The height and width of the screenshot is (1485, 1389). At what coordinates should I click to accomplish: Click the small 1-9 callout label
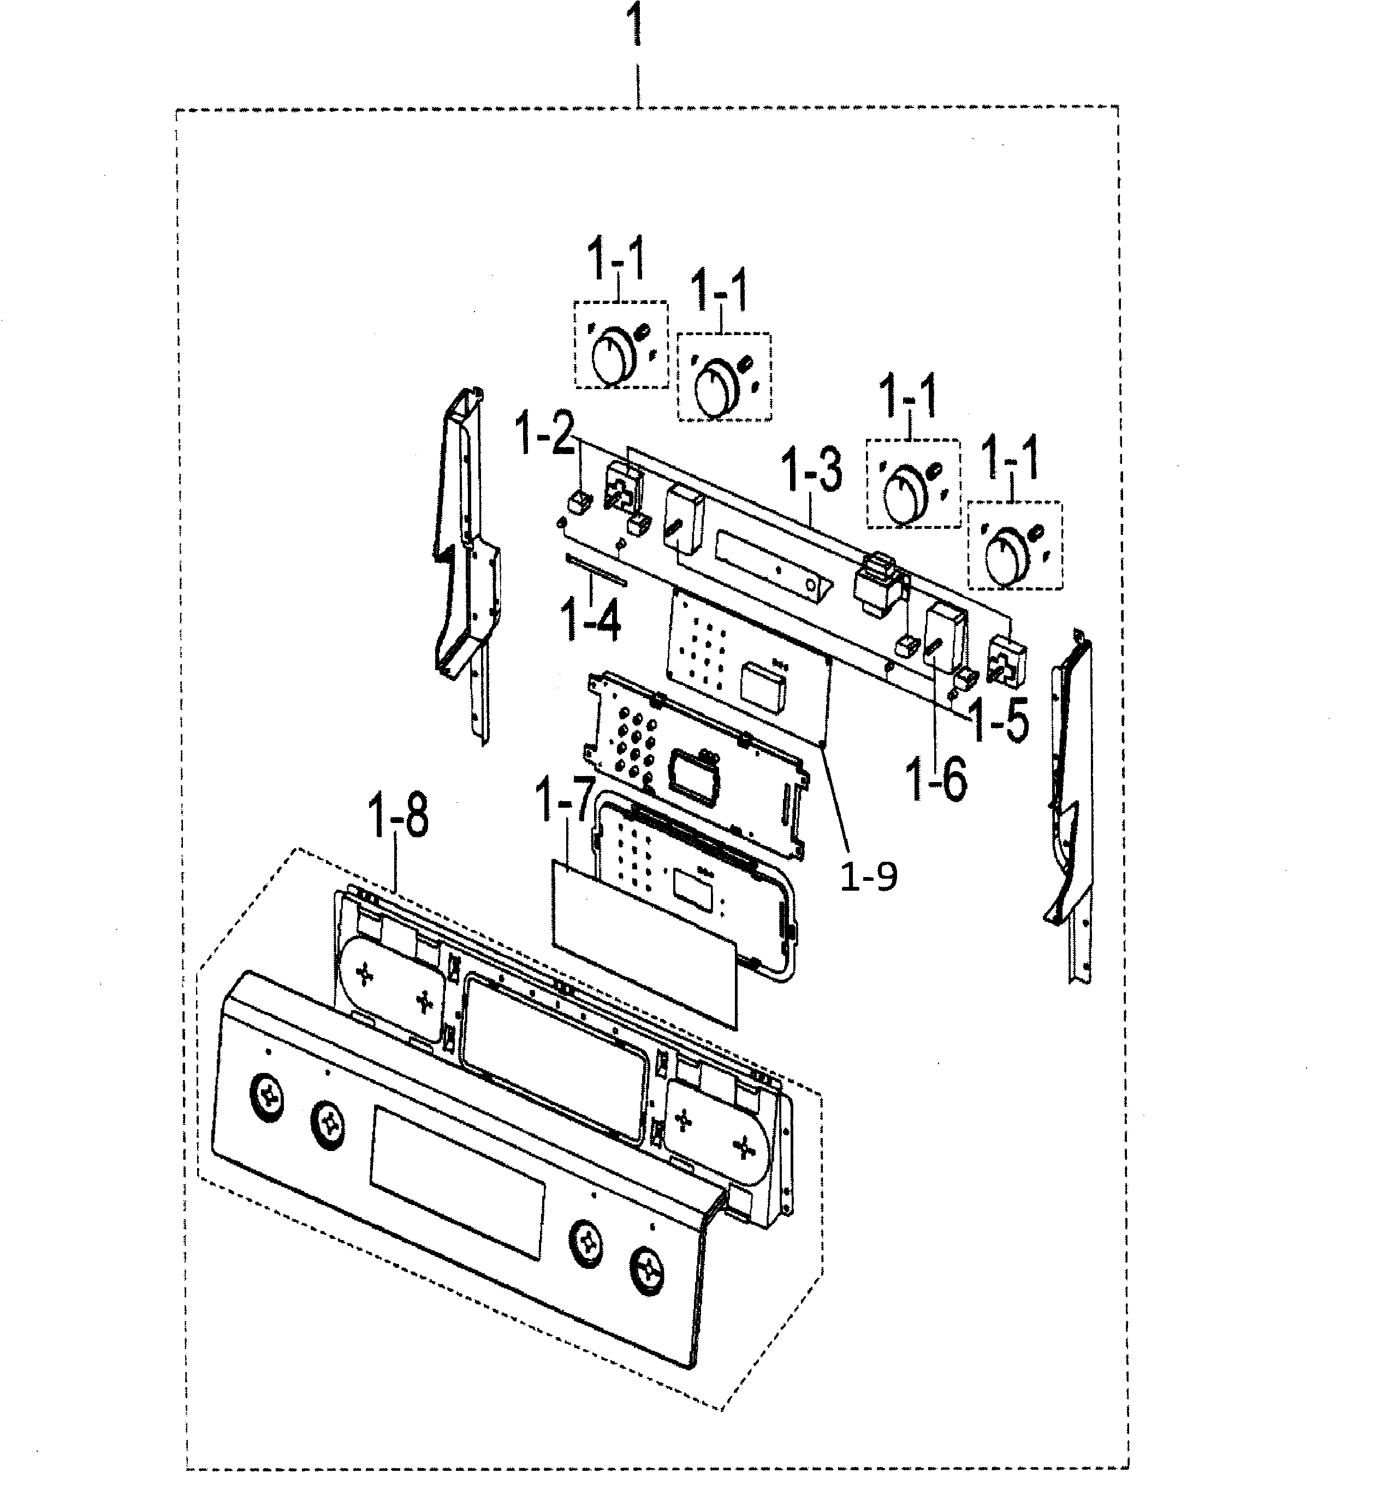pos(868,878)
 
